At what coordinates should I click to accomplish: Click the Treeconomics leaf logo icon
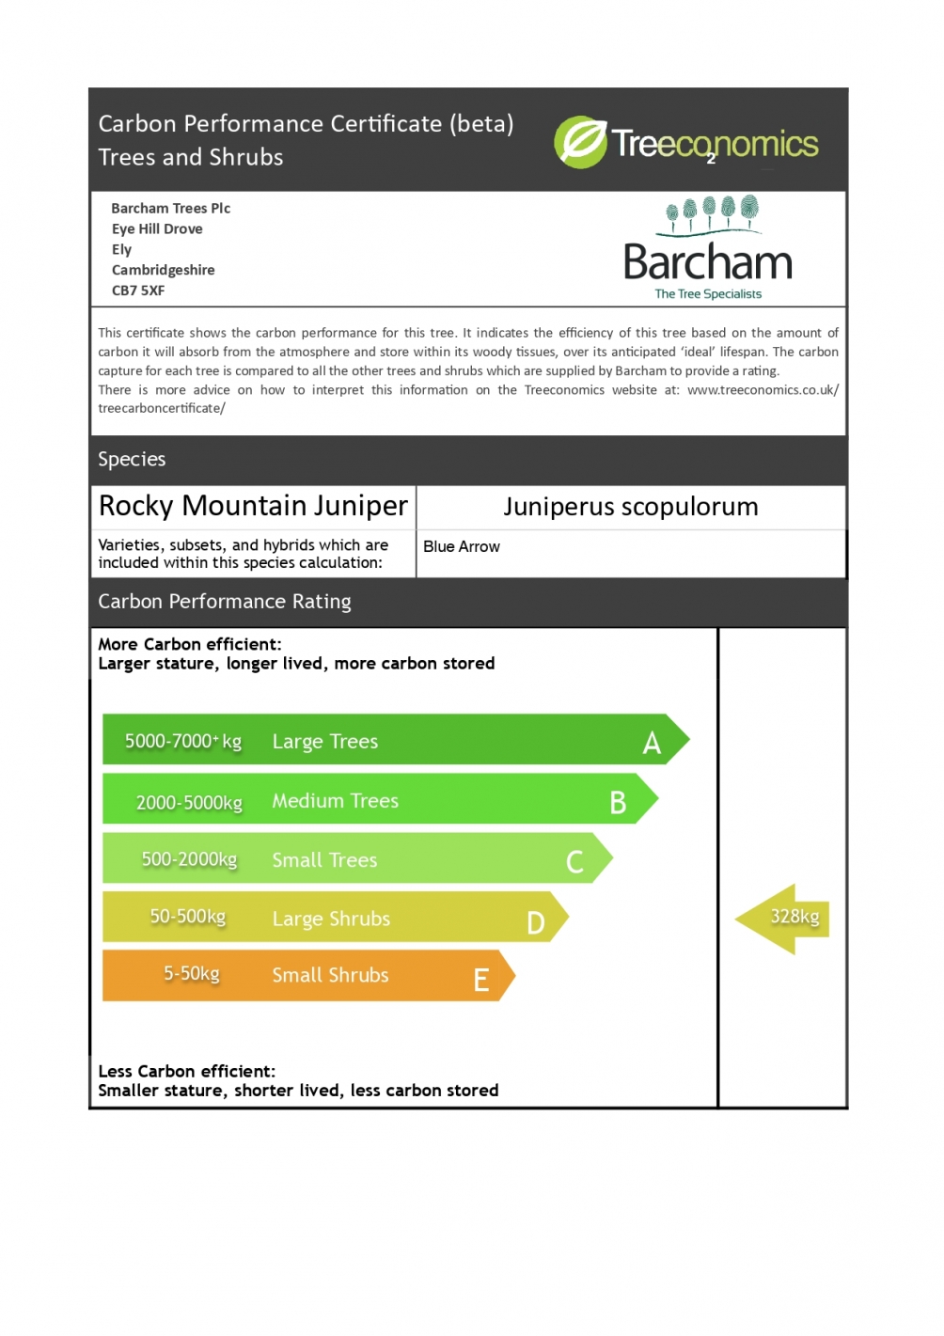tap(580, 142)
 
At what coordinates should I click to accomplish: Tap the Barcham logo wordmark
tap(708, 262)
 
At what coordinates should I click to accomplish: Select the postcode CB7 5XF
tap(138, 291)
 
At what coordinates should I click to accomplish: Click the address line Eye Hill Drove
tap(157, 228)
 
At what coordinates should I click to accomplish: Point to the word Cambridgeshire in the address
tap(163, 270)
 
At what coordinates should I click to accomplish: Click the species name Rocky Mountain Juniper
tap(253, 506)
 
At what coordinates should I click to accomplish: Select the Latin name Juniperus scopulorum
tap(630, 507)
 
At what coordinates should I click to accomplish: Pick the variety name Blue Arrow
tap(461, 546)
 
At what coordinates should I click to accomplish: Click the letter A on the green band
tap(652, 744)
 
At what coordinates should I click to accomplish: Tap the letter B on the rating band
tap(618, 803)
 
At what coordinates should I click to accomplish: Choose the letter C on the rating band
tap(574, 861)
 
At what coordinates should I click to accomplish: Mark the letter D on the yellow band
tap(535, 922)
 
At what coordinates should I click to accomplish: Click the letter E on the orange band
tap(481, 981)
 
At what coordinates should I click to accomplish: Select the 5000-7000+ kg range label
tap(183, 741)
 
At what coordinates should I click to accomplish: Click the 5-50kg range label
tap(192, 973)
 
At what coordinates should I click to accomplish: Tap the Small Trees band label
tap(324, 860)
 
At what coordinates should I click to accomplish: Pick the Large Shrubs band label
tap(331, 919)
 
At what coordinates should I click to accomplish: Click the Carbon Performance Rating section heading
tap(225, 602)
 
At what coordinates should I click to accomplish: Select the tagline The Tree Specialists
tap(708, 294)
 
